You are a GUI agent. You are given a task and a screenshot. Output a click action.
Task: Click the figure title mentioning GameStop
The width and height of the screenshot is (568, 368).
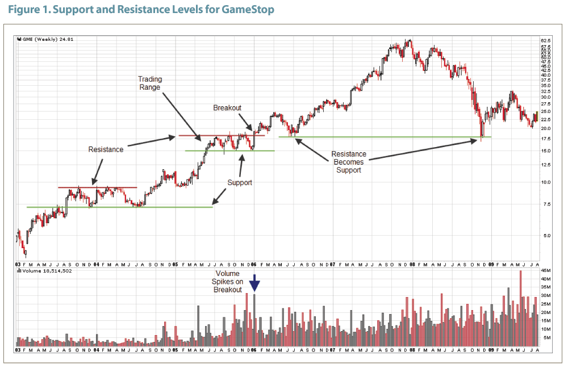click(x=140, y=10)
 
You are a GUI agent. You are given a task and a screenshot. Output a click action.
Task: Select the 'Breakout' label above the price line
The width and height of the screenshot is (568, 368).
click(x=227, y=108)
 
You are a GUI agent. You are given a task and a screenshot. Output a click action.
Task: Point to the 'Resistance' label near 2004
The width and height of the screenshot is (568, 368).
click(x=105, y=149)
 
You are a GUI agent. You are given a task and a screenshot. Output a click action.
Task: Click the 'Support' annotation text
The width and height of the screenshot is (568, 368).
click(x=240, y=183)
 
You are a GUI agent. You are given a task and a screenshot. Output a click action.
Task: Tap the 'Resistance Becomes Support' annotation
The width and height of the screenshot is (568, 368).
click(x=349, y=162)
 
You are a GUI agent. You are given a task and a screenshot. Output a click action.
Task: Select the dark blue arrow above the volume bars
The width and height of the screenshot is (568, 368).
click(x=255, y=282)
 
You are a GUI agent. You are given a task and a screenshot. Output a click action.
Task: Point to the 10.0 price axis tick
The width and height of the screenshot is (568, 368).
click(x=546, y=182)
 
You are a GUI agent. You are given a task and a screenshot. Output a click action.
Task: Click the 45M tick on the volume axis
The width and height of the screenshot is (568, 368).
click(x=546, y=271)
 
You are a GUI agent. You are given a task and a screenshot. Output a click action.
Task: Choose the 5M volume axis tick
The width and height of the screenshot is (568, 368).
click(x=545, y=338)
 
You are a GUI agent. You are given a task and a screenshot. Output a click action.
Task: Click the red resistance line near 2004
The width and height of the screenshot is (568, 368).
click(x=97, y=187)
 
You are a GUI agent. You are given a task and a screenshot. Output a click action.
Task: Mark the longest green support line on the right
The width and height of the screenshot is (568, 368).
click(x=385, y=137)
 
